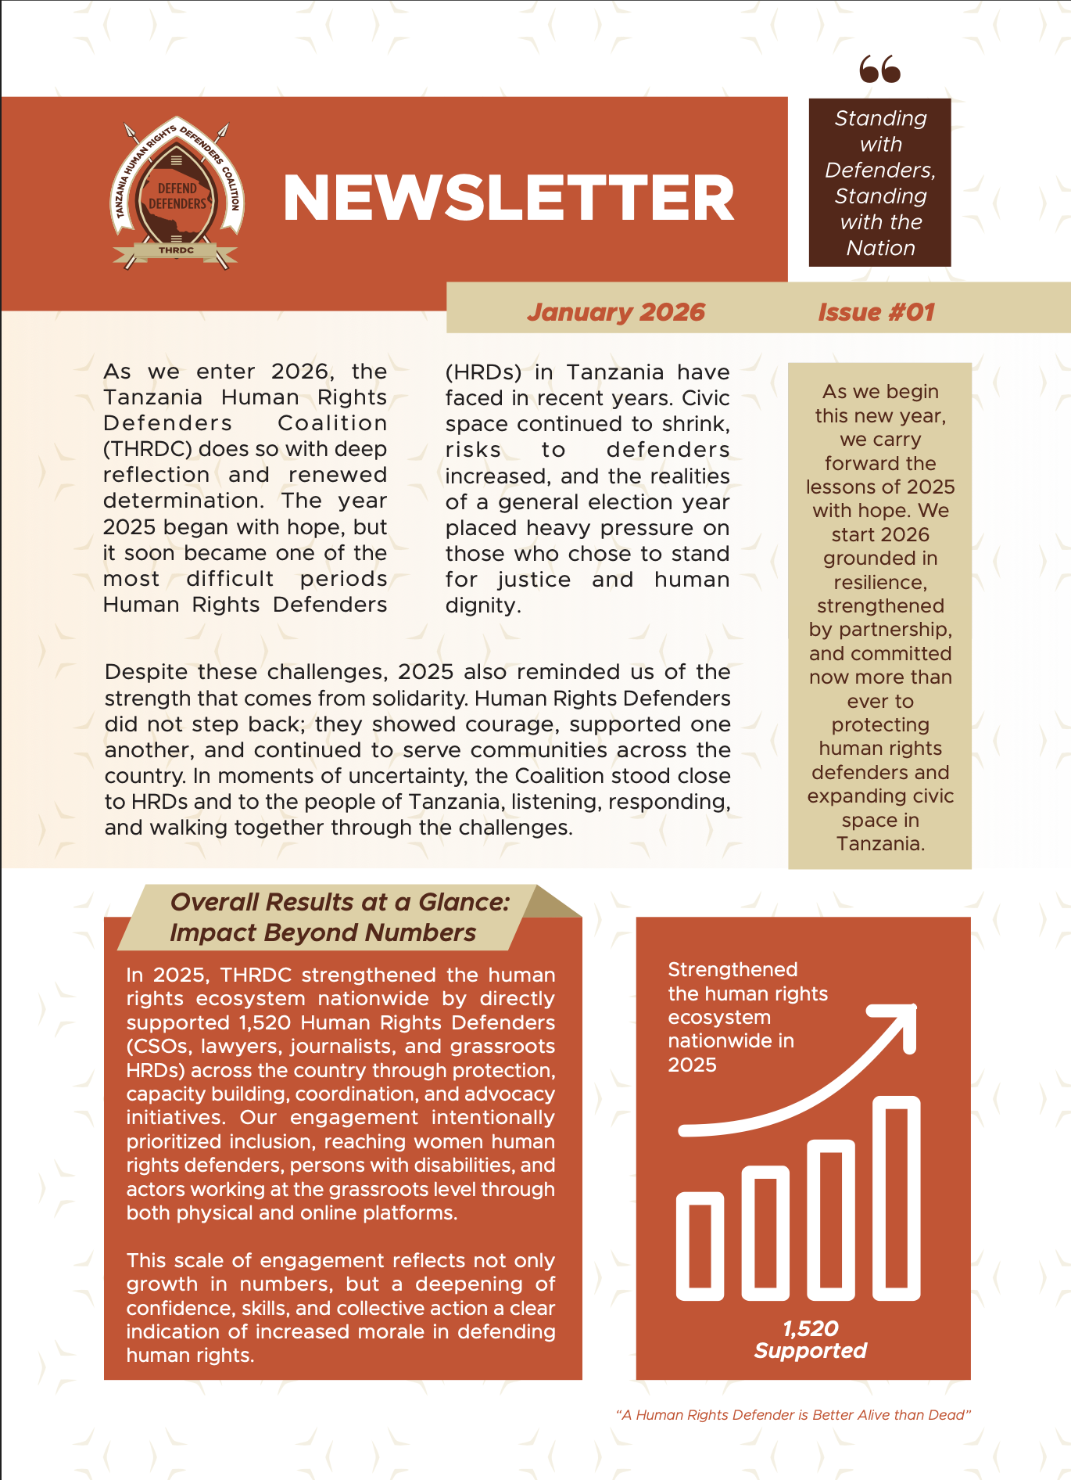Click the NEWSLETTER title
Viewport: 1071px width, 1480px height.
(x=508, y=199)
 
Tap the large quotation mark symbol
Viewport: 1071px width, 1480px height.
(x=879, y=69)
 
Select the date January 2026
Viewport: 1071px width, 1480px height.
(x=615, y=312)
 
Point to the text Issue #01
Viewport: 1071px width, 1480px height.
(x=876, y=312)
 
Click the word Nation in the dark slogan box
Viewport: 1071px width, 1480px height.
(x=880, y=248)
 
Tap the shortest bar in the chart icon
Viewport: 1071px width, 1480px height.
(x=700, y=1245)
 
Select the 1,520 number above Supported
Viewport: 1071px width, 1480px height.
(x=810, y=1328)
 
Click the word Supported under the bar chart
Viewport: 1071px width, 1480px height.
(x=810, y=1351)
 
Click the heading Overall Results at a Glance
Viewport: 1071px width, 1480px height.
(x=339, y=902)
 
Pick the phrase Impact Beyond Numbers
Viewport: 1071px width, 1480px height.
(x=322, y=932)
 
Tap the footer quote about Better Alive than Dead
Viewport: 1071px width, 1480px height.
(x=793, y=1415)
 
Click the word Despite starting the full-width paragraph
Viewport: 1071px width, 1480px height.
(x=146, y=672)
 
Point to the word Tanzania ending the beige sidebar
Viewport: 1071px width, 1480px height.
(x=879, y=844)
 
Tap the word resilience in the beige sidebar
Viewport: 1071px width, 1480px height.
(x=879, y=583)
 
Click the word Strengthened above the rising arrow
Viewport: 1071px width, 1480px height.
(x=733, y=970)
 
